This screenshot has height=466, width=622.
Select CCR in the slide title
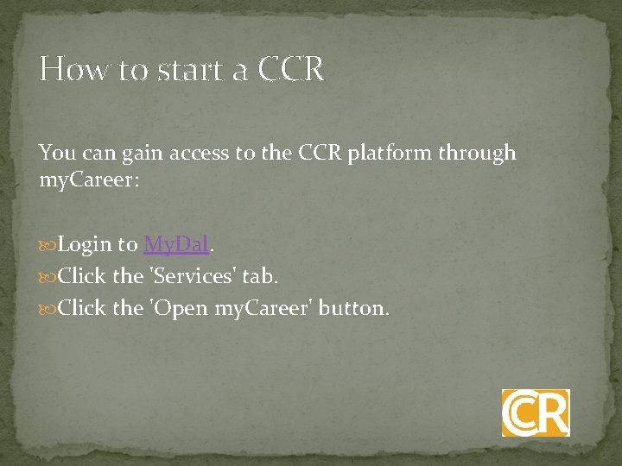coord(291,68)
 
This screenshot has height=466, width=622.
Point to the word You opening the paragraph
coord(57,153)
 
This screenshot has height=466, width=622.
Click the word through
coord(478,154)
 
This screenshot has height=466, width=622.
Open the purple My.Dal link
coord(176,245)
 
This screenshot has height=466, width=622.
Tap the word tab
coord(259,276)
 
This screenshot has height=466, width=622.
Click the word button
coord(353,307)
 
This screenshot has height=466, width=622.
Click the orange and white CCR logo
coord(536,412)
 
